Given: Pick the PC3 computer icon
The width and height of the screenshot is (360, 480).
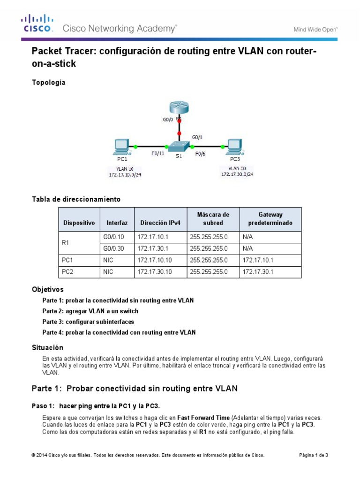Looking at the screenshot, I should pos(234,147).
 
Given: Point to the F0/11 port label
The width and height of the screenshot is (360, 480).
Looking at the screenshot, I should pos(157,153).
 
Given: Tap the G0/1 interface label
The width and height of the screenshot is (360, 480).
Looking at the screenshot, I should pos(198,137).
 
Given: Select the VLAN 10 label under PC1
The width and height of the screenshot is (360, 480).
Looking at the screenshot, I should pos(119,168).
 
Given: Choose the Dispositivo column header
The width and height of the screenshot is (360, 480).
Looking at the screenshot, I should pos(79,223).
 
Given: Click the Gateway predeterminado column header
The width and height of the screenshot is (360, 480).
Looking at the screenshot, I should pos(270,219).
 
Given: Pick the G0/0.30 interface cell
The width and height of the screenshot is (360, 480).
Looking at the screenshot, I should pos(113,248).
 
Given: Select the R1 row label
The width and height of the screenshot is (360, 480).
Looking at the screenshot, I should pos(66,243).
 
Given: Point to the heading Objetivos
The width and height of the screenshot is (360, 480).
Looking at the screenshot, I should pos(47,289).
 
